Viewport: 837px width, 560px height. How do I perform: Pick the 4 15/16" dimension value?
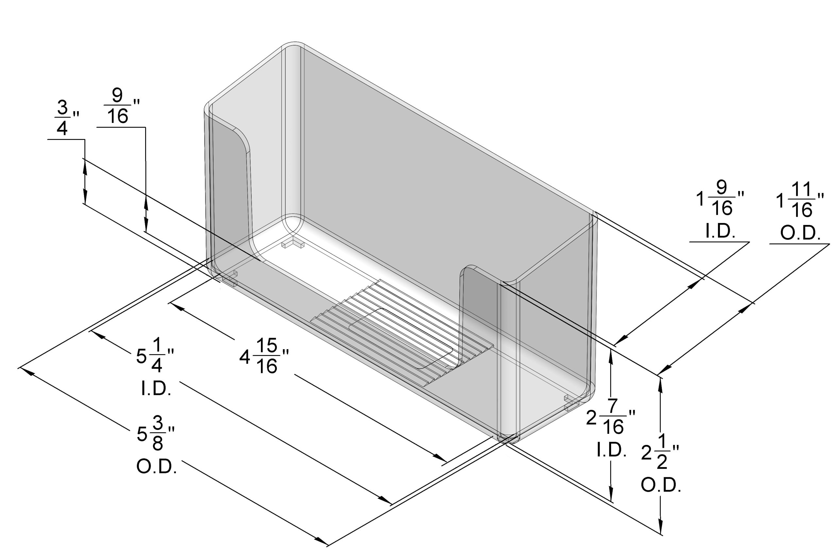264,356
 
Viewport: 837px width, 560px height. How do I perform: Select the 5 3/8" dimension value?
156,434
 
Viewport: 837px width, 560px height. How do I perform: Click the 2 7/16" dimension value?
611,417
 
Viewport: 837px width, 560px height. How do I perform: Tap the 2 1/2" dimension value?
660,452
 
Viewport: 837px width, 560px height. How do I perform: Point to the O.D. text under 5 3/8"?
157,467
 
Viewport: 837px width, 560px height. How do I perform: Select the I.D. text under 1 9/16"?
720,231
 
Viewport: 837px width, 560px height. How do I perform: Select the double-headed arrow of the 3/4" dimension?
85,181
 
